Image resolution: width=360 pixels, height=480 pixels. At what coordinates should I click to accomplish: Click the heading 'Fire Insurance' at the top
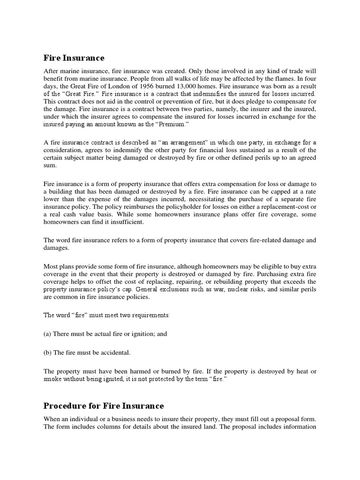[74, 58]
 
